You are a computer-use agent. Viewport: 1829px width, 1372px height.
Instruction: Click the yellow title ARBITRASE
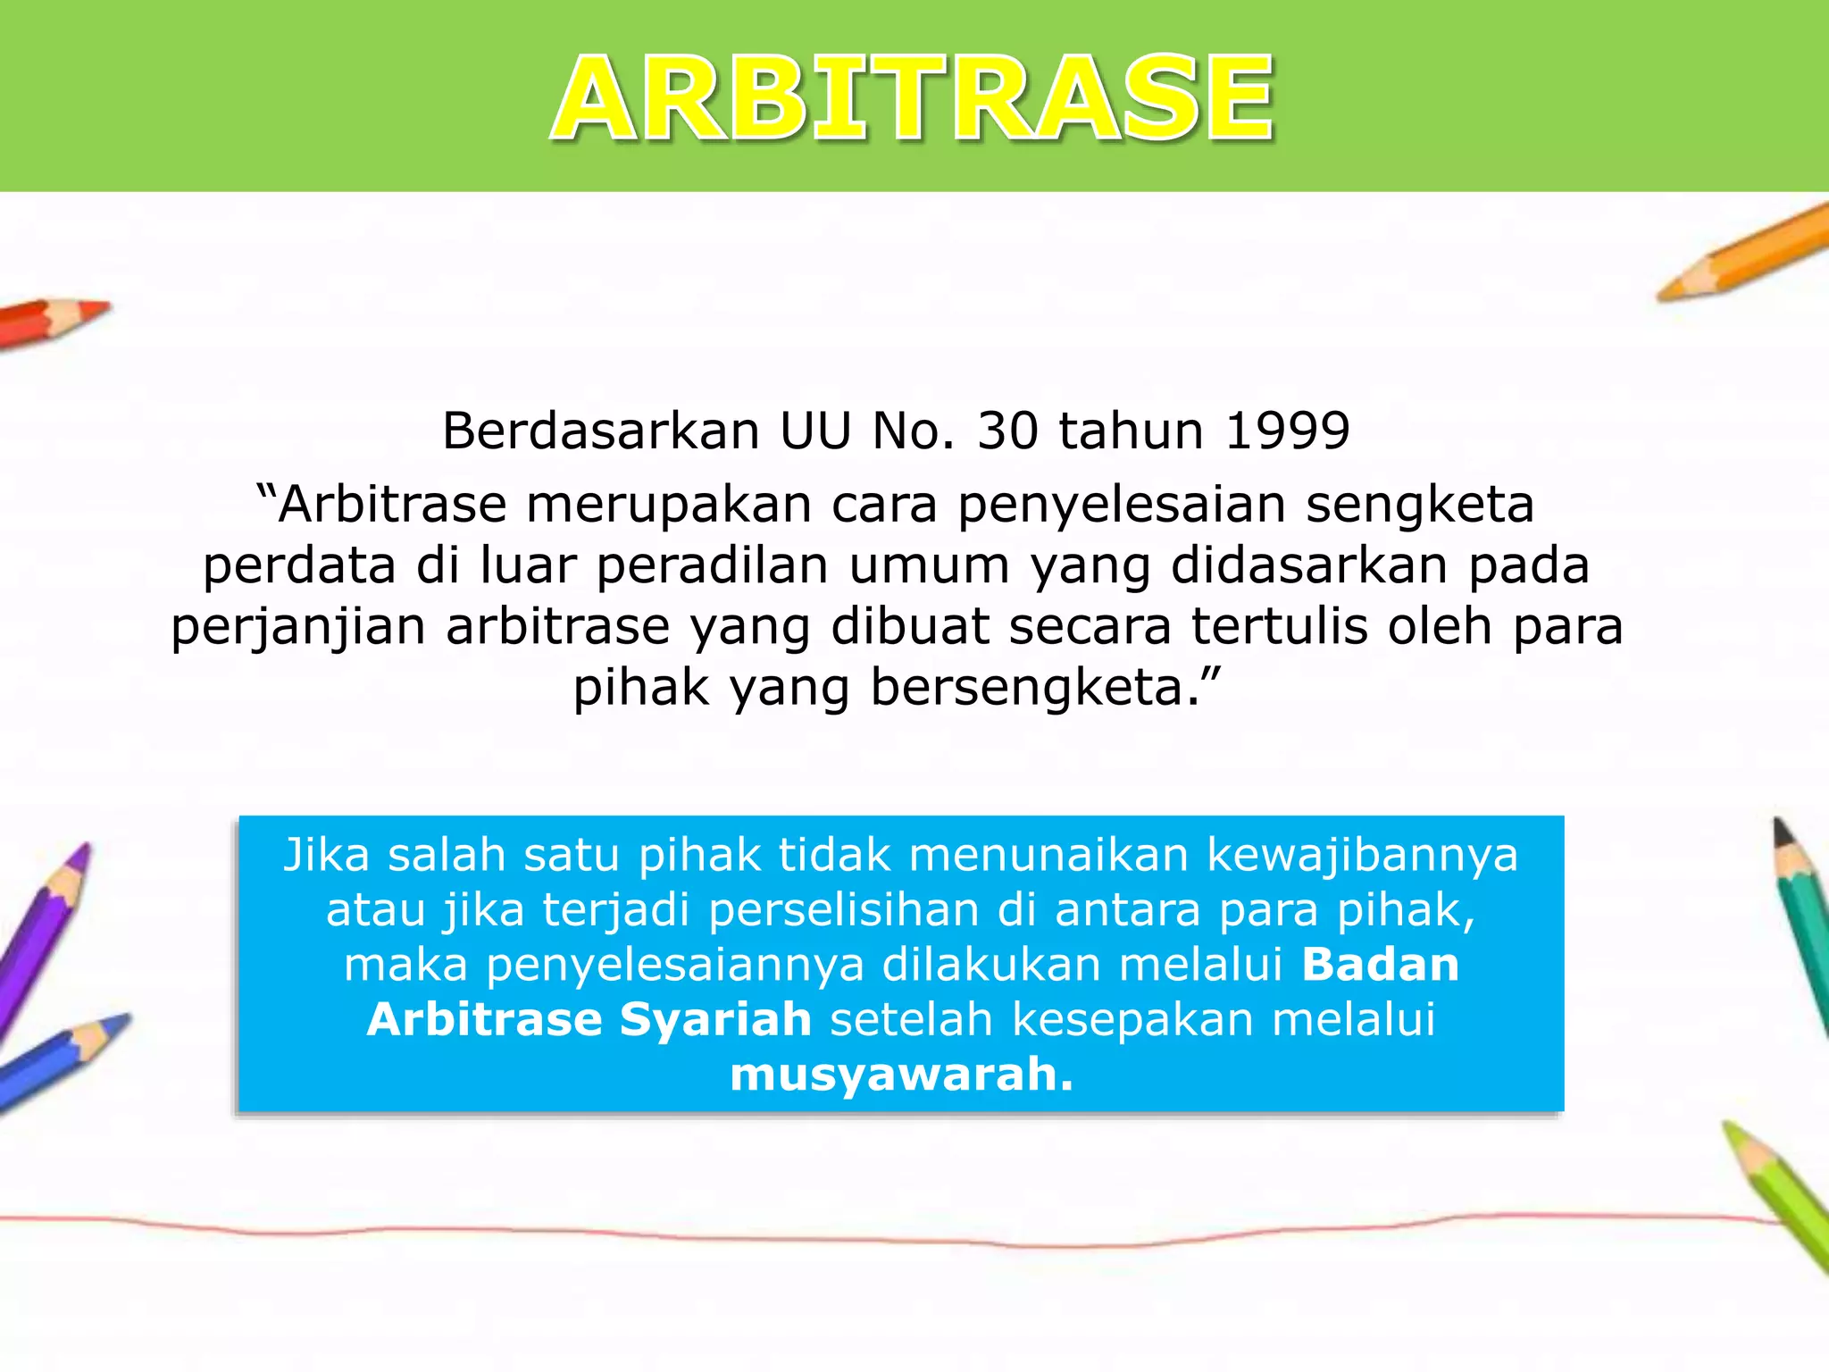pyautogui.click(x=913, y=98)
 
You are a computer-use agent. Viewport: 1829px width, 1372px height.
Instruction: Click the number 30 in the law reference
pyautogui.click(x=1007, y=431)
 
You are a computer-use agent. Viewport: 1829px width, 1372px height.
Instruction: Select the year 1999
pyautogui.click(x=1287, y=431)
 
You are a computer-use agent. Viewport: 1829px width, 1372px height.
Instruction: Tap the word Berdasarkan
pyautogui.click(x=600, y=431)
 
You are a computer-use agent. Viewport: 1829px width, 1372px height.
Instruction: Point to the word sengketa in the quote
pyautogui.click(x=1420, y=506)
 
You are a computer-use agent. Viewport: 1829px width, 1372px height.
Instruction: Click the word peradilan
pyautogui.click(x=712, y=566)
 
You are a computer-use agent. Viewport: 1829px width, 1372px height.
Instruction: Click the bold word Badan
pyautogui.click(x=1380, y=965)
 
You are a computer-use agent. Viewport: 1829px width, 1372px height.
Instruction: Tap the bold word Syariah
pyautogui.click(x=715, y=1020)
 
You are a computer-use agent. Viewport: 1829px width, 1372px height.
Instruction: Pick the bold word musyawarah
pyautogui.click(x=901, y=1075)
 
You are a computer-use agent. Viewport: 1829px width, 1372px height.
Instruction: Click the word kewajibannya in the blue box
pyautogui.click(x=1362, y=855)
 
